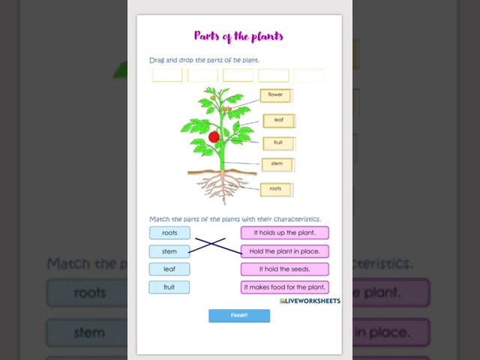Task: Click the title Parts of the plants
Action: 238,36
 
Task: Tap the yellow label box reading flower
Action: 276,95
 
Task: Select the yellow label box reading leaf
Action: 278,120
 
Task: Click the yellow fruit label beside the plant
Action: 277,142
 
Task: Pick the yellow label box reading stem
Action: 277,163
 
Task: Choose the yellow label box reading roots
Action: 275,189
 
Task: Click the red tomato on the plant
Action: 214,137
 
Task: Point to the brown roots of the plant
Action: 222,187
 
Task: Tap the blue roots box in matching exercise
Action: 169,233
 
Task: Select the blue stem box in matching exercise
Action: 169,251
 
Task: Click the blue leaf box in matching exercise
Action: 169,269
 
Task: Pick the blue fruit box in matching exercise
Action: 169,287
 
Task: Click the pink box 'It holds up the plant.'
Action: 285,233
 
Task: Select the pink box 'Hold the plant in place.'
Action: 285,251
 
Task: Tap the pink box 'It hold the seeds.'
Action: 285,269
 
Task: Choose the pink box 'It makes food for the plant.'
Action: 285,287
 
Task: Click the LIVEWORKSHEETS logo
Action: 310,301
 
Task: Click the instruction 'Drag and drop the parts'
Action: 205,60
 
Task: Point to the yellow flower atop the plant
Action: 212,95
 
